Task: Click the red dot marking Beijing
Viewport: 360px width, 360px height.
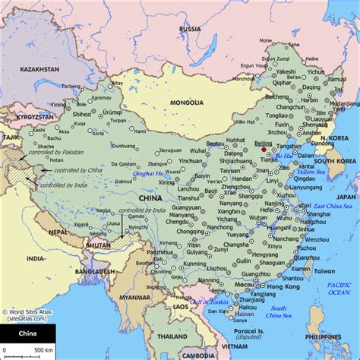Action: click(264, 150)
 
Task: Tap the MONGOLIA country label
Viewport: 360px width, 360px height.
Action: click(186, 103)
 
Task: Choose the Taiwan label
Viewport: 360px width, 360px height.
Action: click(324, 270)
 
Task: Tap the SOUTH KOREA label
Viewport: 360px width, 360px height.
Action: click(335, 161)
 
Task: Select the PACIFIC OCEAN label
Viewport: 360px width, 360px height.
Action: click(339, 288)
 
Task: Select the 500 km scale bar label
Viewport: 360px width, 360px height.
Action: click(43, 349)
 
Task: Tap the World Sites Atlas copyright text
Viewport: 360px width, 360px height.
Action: click(28, 312)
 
